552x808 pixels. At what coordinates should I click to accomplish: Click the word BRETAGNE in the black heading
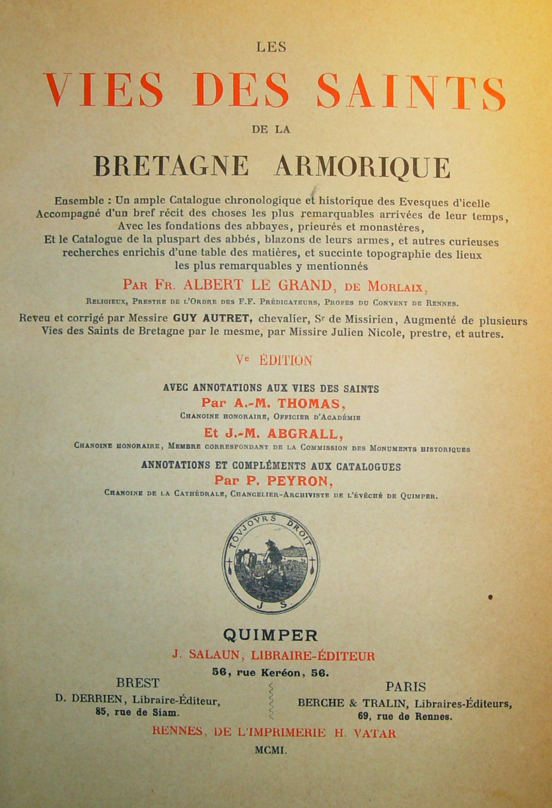click(171, 166)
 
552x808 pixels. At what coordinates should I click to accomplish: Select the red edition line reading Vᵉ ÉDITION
click(274, 361)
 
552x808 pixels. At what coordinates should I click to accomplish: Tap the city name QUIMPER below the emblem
click(270, 635)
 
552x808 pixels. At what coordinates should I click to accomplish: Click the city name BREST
click(138, 684)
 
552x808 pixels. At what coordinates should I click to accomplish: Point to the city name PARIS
click(405, 686)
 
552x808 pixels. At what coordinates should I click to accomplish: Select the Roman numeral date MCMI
click(271, 750)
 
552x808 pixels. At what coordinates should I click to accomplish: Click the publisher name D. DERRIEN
click(82, 700)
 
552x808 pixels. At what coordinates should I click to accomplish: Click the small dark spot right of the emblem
click(490, 597)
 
